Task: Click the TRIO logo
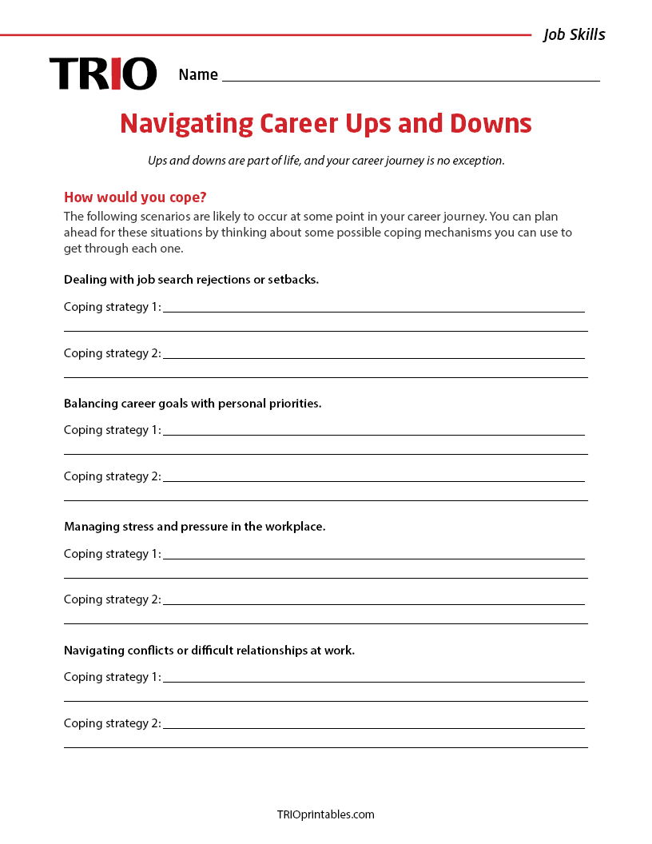point(103,74)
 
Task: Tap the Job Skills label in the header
point(574,34)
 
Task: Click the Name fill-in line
point(411,75)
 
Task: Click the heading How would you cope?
point(135,197)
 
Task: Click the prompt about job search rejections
point(191,280)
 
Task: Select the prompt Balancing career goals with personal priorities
point(193,404)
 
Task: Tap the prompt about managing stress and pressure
point(194,527)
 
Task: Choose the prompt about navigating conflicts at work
point(209,651)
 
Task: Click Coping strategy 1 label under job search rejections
point(112,307)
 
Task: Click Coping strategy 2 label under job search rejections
point(112,353)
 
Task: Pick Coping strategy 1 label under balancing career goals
point(112,430)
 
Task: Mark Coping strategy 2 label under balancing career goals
point(112,476)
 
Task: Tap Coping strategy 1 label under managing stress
point(112,554)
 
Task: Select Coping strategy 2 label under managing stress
point(112,599)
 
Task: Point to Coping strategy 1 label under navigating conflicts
point(112,677)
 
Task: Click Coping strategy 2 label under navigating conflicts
point(112,723)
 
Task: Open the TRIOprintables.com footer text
point(325,814)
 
